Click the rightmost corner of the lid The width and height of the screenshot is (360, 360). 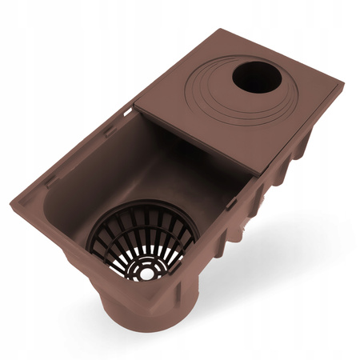click(x=343, y=82)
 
